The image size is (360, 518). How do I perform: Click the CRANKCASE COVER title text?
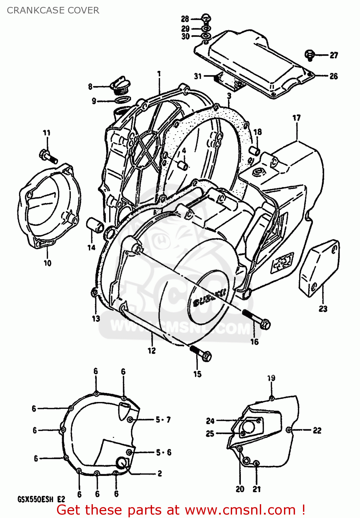point(53,10)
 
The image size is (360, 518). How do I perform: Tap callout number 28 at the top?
point(185,19)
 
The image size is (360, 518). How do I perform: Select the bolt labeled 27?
point(310,55)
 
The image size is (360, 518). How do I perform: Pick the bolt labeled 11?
point(48,156)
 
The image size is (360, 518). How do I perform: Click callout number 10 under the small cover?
point(47,263)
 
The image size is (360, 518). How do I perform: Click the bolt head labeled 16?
point(265,324)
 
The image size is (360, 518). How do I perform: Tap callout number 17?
point(296,118)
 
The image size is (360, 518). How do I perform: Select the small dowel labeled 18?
point(256,151)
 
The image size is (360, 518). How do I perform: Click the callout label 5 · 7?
point(163,420)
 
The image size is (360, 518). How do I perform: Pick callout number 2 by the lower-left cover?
point(160,473)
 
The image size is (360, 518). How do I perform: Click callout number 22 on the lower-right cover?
point(317,430)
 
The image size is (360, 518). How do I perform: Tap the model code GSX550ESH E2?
point(41,499)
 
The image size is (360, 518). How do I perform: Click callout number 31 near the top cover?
point(198,76)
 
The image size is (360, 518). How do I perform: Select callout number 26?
point(333,76)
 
